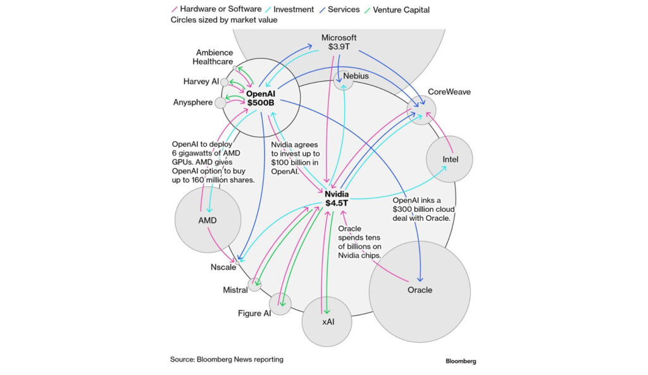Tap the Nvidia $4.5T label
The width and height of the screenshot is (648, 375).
click(x=337, y=198)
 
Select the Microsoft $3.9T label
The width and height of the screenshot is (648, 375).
click(x=339, y=42)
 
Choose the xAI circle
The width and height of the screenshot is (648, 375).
click(x=327, y=321)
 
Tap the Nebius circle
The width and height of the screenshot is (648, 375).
click(x=344, y=80)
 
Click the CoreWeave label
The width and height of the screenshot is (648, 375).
click(x=449, y=92)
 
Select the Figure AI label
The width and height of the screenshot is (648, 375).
click(x=254, y=313)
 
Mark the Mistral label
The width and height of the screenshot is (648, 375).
click(x=235, y=290)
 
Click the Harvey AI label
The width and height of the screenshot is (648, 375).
click(x=201, y=82)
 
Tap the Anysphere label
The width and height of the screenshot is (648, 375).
click(x=192, y=102)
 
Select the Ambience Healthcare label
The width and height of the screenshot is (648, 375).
click(x=213, y=57)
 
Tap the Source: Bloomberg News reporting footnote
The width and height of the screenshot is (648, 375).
click(x=227, y=359)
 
